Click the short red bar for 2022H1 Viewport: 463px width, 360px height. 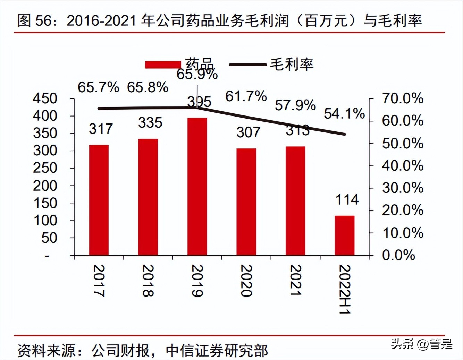click(344, 235)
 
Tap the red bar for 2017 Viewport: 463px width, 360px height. click(99, 200)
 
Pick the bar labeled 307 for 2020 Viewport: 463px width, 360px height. click(246, 202)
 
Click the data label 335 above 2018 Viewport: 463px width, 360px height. click(150, 123)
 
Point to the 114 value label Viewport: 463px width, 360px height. click(347, 200)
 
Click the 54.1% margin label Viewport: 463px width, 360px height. click(344, 114)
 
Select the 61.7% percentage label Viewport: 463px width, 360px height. click(246, 96)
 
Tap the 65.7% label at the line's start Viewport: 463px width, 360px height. click(98, 87)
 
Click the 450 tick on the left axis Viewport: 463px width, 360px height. click(45, 98)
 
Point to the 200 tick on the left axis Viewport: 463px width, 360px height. click(45, 186)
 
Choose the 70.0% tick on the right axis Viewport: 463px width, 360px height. click(403, 98)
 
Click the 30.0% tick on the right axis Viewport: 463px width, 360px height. click(403, 188)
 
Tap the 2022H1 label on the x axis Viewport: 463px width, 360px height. click(345, 289)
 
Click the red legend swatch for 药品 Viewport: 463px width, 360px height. click(163, 65)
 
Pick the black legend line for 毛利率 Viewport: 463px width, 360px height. click(247, 65)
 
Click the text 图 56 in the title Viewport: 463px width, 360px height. click(34, 21)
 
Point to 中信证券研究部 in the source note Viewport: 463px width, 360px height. click(217, 351)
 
